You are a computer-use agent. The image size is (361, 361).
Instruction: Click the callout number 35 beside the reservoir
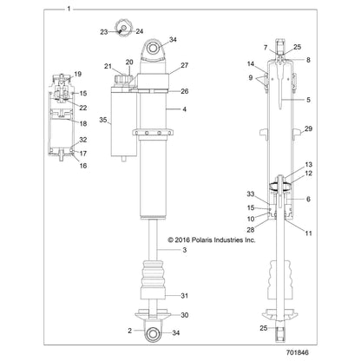click(x=104, y=120)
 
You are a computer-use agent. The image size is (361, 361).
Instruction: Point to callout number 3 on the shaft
click(x=184, y=250)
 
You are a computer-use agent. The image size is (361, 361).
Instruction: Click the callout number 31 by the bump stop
click(x=185, y=294)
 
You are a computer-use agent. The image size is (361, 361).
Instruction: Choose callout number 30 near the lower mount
click(x=185, y=315)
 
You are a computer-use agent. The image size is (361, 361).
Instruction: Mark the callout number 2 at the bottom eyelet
click(x=130, y=331)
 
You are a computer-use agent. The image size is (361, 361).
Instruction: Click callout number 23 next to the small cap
click(x=103, y=31)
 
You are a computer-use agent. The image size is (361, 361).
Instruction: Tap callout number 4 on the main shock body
click(x=184, y=109)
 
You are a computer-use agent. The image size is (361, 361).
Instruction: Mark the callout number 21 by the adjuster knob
click(x=109, y=66)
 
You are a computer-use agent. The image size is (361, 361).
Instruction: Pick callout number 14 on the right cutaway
click(x=250, y=64)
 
